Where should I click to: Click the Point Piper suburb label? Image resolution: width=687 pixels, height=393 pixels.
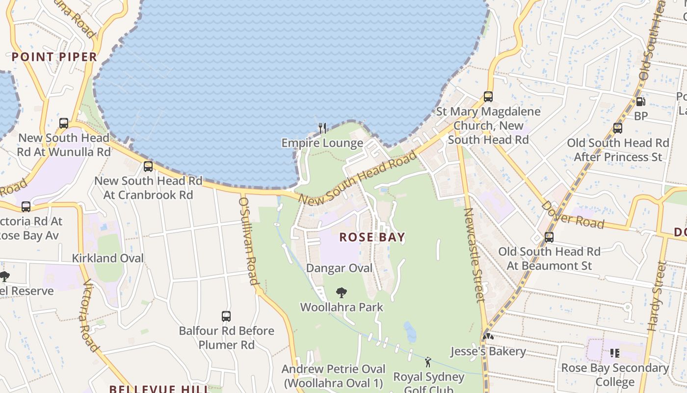tap(54, 57)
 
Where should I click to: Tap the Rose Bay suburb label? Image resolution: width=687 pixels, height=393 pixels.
tap(372, 237)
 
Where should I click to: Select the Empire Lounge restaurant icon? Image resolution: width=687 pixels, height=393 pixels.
tap(322, 128)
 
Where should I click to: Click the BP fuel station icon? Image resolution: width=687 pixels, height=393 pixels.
tap(640, 102)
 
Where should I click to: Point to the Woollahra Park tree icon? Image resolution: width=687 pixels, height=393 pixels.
tap(342, 293)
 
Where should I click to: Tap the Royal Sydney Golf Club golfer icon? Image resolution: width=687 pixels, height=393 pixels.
tap(428, 363)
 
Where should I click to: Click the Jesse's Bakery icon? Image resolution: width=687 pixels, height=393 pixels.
tap(488, 337)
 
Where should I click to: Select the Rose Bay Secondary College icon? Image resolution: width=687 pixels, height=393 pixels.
tap(615, 353)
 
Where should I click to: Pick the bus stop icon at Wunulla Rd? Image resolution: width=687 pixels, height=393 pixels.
tap(64, 123)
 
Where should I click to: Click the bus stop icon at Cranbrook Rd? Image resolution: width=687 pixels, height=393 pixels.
tap(148, 167)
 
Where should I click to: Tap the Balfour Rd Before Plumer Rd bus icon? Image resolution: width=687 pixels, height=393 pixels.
tap(226, 316)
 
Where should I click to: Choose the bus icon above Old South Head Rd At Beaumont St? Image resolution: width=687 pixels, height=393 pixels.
tap(549, 237)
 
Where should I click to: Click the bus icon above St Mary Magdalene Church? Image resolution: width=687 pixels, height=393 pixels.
tap(488, 97)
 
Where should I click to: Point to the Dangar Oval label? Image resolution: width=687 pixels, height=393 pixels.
tap(339, 268)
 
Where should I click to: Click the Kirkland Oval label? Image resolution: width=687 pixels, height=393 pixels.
tap(108, 258)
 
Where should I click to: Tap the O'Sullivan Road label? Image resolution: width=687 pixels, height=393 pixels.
tap(248, 240)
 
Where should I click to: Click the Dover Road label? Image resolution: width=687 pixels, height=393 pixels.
tap(572, 215)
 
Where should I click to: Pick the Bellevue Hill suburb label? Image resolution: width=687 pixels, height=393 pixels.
tap(159, 389)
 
